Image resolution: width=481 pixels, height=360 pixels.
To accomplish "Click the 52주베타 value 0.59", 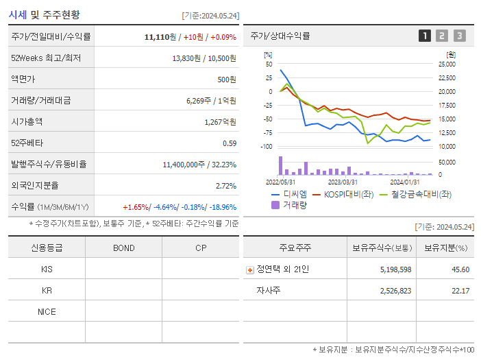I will (x=230, y=143).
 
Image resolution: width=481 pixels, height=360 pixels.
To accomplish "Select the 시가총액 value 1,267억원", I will (x=220, y=122).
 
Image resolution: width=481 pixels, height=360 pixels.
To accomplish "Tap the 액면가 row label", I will (x=23, y=80).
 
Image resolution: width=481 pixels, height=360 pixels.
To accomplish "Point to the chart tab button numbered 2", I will (x=442, y=36).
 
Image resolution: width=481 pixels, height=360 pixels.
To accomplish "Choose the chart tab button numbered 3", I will (x=459, y=36).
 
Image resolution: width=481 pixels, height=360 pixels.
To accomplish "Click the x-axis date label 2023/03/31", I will (x=343, y=182).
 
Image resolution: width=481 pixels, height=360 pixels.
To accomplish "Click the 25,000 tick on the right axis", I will (x=446, y=64).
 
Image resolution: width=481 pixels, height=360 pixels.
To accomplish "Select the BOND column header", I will (x=123, y=248).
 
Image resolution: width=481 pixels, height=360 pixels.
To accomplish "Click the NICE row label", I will (x=47, y=312).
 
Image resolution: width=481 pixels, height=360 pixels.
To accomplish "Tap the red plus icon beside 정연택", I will (x=250, y=269).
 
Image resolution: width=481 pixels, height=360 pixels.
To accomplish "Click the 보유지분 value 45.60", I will (x=460, y=269).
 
